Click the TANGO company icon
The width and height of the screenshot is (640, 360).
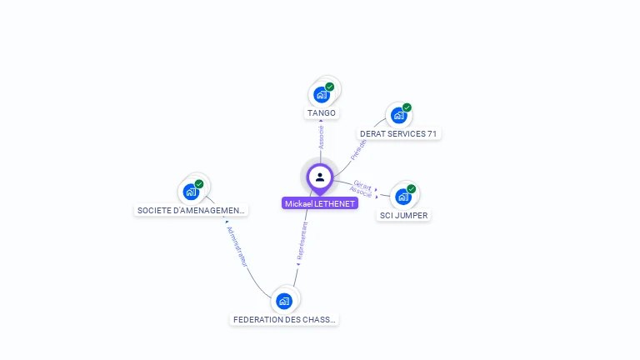pos(321,95)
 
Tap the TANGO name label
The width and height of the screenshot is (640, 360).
pos(321,112)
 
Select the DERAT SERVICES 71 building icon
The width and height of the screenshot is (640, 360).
pos(397,115)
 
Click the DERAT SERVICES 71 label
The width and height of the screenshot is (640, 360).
pos(398,133)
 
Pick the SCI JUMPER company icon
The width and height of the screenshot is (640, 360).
pos(402,197)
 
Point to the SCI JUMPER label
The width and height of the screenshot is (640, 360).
pos(403,215)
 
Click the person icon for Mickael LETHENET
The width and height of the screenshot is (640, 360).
pos(319,177)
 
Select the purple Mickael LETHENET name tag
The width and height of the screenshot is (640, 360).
pos(319,203)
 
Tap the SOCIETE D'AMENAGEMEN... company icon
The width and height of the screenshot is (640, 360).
pos(191,192)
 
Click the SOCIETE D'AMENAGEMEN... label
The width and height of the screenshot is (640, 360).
pos(191,210)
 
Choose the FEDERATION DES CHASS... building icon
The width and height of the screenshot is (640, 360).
pos(284,301)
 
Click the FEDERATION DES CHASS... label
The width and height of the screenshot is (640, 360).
pos(285,319)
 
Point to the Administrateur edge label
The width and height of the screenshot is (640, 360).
pos(237,246)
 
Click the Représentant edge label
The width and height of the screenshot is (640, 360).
pos(303,242)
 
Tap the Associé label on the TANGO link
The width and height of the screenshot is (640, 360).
pos(321,137)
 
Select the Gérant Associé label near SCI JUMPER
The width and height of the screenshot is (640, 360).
pos(362,188)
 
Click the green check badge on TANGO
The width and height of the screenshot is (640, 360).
pos(330,87)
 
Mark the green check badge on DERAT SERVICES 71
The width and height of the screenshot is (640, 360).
pos(407,107)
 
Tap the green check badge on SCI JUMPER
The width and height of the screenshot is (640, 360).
pos(411,188)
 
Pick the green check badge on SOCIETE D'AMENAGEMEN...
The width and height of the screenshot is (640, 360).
pos(199,183)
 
